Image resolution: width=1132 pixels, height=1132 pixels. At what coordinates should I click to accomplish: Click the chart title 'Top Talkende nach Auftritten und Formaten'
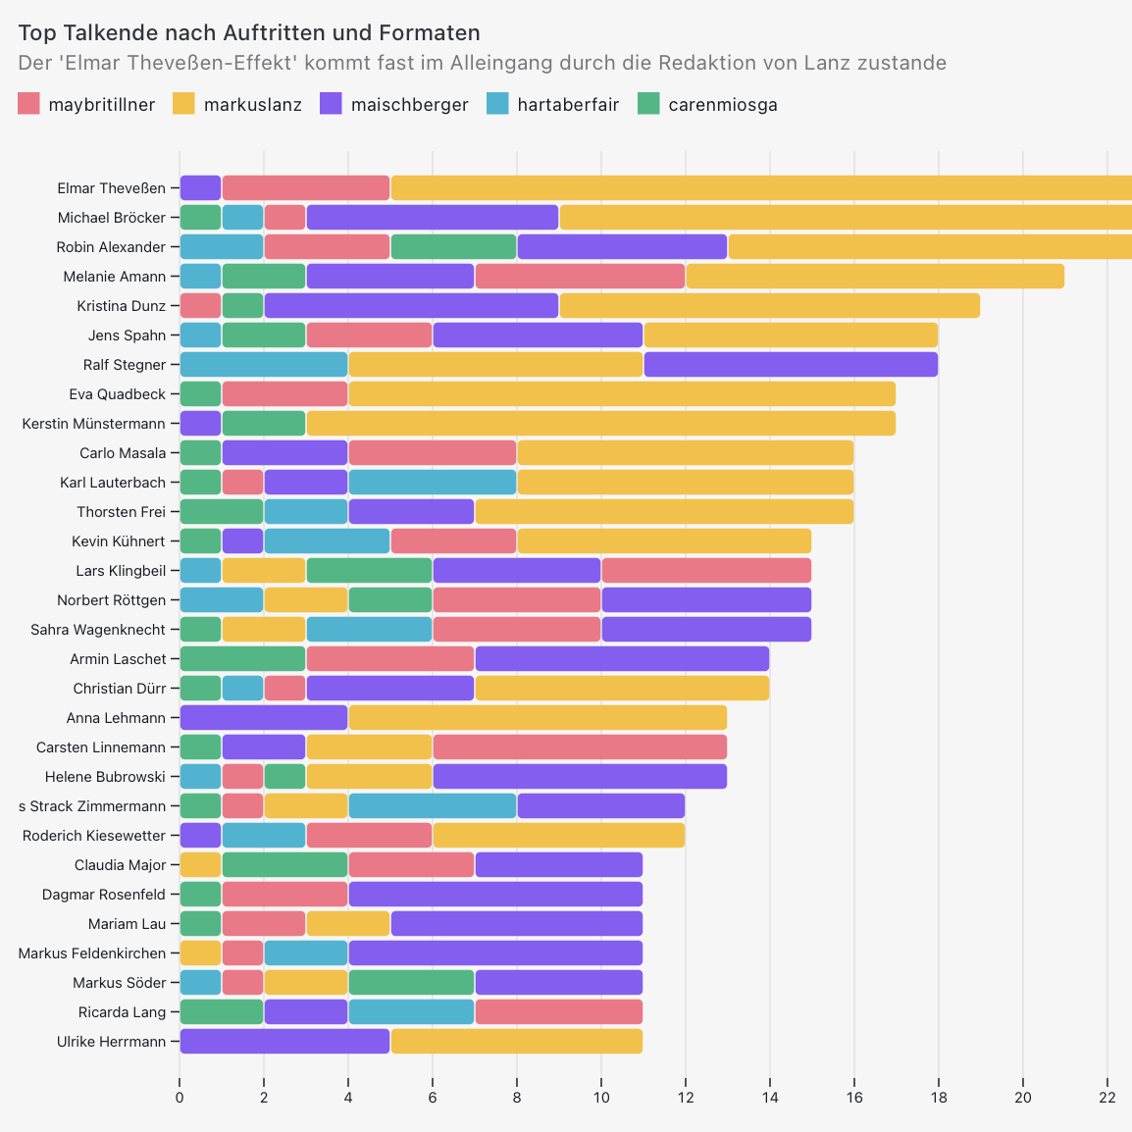click(x=249, y=34)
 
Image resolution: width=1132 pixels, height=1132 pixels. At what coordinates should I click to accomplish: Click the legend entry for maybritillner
click(x=86, y=104)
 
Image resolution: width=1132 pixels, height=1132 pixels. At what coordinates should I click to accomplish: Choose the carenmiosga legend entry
click(x=707, y=104)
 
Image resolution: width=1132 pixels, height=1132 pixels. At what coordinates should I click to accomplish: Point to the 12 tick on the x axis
click(x=685, y=1097)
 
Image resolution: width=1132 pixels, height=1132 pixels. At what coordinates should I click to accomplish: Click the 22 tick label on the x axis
click(x=1107, y=1097)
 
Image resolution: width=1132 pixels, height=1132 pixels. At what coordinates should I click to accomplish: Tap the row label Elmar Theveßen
click(x=111, y=188)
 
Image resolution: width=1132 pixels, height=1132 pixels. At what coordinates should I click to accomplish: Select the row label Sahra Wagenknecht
click(x=98, y=630)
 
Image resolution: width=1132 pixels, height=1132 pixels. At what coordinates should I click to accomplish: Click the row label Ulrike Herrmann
click(x=111, y=1042)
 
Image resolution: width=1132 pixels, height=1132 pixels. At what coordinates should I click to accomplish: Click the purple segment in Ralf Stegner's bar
click(x=791, y=365)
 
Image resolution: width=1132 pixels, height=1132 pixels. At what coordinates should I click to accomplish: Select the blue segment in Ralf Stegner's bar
click(x=264, y=365)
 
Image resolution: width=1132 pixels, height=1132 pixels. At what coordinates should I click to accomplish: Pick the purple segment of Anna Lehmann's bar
click(x=264, y=718)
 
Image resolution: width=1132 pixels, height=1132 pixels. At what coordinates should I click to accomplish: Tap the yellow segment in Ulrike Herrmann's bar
click(x=516, y=1042)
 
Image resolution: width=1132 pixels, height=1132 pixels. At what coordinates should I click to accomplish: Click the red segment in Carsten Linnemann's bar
click(x=580, y=747)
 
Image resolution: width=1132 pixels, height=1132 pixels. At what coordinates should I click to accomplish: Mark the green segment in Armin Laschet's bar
click(x=242, y=659)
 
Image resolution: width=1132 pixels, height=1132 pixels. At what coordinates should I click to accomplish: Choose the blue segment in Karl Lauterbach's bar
click(x=433, y=483)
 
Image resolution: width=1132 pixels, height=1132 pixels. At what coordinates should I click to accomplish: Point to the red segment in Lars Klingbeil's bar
click(x=706, y=571)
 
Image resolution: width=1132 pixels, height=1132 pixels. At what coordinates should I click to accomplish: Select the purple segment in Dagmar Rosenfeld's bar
click(x=495, y=895)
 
